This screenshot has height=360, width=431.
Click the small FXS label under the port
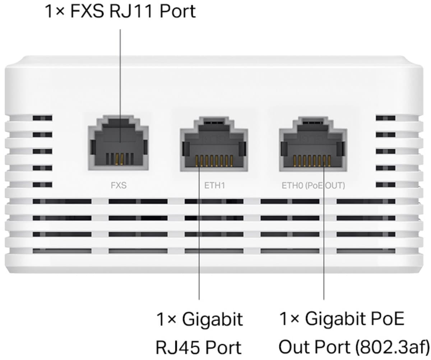(x=118, y=186)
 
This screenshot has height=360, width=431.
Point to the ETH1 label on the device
(x=215, y=186)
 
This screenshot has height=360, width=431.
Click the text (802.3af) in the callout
(x=395, y=347)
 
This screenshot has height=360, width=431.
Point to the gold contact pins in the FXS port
(x=121, y=158)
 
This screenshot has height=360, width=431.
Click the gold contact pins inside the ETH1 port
(x=214, y=161)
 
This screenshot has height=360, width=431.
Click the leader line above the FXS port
(x=120, y=72)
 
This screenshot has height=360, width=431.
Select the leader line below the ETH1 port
(x=199, y=251)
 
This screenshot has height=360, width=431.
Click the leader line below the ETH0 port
(x=324, y=251)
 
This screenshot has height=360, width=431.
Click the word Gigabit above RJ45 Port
(x=212, y=319)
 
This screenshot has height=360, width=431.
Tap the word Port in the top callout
(x=178, y=11)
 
